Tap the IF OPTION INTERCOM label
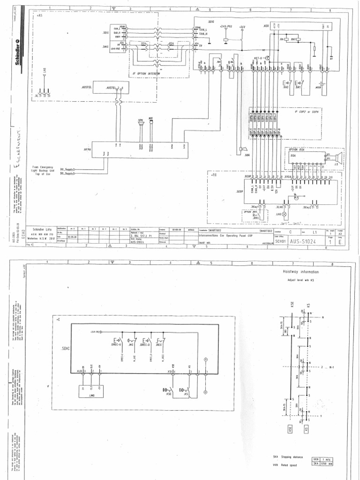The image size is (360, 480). pyautogui.click(x=143, y=74)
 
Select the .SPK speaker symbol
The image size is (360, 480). pyautogui.click(x=139, y=123)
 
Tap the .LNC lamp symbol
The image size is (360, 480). pyautogui.click(x=284, y=214)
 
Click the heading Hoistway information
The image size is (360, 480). pyautogui.click(x=300, y=272)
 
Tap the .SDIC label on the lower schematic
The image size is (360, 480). pyautogui.click(x=64, y=349)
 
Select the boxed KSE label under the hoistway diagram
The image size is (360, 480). pyautogui.click(x=291, y=428)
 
